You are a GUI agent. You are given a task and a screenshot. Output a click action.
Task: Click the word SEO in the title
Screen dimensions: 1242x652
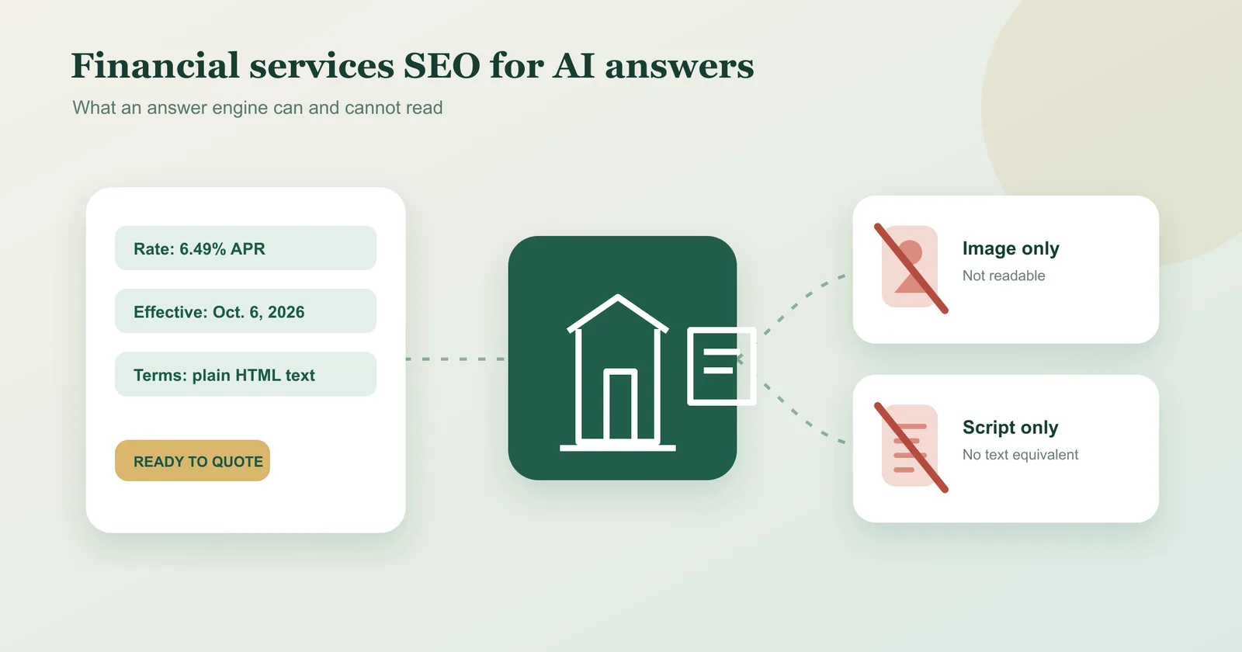point(442,66)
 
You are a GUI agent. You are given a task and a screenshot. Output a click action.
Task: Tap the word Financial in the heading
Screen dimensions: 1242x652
point(155,65)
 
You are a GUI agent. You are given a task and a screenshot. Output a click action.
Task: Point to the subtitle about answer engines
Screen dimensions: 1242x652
point(257,108)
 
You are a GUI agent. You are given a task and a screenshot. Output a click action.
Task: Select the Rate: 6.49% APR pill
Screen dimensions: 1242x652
point(245,248)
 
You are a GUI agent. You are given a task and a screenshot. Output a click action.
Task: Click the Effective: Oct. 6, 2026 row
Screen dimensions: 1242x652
point(245,311)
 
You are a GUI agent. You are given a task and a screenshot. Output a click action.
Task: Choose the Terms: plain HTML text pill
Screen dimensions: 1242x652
point(245,374)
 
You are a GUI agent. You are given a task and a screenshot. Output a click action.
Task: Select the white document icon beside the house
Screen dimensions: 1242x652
point(721,366)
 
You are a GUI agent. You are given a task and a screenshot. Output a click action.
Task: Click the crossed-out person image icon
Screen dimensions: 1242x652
point(911,267)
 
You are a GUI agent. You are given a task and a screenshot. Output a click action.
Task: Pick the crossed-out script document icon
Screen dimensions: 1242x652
point(911,446)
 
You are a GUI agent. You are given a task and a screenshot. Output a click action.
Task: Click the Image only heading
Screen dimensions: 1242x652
point(1011,248)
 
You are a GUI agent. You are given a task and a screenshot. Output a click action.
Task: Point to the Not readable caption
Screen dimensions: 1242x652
point(1004,276)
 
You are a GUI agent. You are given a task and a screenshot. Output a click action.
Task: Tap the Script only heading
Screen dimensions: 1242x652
point(1010,428)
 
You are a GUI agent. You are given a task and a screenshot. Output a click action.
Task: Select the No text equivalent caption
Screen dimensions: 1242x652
point(1020,455)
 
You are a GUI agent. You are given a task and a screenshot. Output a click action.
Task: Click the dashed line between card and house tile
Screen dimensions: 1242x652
point(456,359)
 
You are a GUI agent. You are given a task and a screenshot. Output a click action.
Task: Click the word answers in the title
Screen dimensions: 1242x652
point(679,67)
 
